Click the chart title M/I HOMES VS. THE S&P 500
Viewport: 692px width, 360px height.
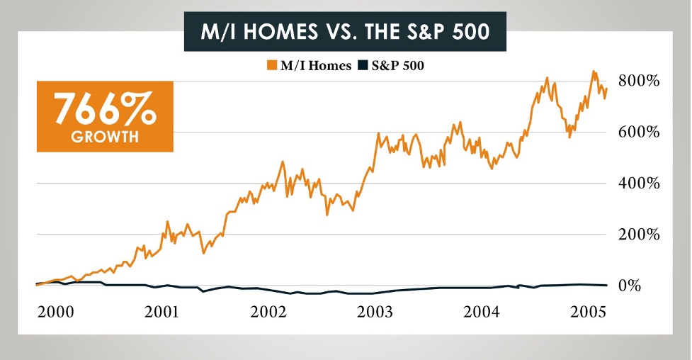pyautogui.click(x=345, y=33)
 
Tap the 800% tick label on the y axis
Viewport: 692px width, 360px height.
pyautogui.click(x=640, y=81)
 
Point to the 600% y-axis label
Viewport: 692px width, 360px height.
pyautogui.click(x=640, y=133)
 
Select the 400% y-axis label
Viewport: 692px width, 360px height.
pyautogui.click(x=640, y=184)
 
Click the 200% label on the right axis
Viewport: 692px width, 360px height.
pyautogui.click(x=640, y=235)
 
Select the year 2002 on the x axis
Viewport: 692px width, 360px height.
pyautogui.click(x=268, y=313)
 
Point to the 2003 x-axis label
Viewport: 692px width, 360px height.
pyautogui.click(x=373, y=313)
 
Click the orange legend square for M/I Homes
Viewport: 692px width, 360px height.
pyautogui.click(x=271, y=66)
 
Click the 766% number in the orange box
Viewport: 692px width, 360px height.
pyautogui.click(x=105, y=111)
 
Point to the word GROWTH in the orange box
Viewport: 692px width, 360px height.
pyautogui.click(x=105, y=137)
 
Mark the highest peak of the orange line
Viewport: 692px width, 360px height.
pyautogui.click(x=594, y=71)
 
